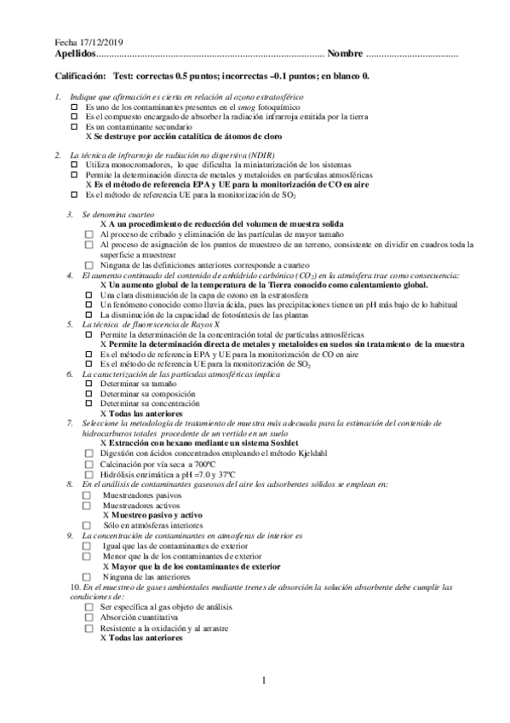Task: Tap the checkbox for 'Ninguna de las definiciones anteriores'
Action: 89,264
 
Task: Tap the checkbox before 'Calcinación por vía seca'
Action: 89,464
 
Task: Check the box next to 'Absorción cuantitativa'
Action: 89,616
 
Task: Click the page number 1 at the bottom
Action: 264,680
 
